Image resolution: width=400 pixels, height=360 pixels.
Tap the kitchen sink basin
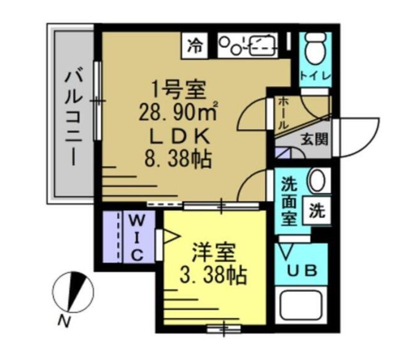[262, 45]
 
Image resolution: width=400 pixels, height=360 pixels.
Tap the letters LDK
[177, 137]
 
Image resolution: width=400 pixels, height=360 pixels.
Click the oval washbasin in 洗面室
[317, 181]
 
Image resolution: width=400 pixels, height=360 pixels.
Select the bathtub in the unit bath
[303, 309]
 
